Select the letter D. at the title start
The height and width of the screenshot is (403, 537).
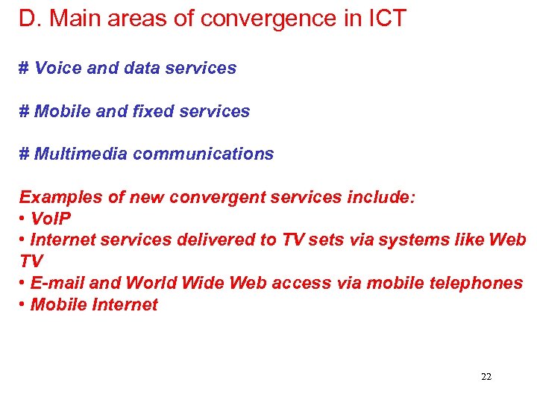pos(28,19)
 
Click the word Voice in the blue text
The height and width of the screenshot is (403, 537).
pos(59,68)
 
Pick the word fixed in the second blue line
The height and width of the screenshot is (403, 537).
pos(155,111)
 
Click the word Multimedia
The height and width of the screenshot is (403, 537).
pos(80,154)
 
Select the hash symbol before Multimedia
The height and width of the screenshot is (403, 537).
pos(24,154)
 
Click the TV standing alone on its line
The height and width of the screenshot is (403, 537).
pos(31,262)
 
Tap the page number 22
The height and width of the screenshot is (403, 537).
pos(486,377)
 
